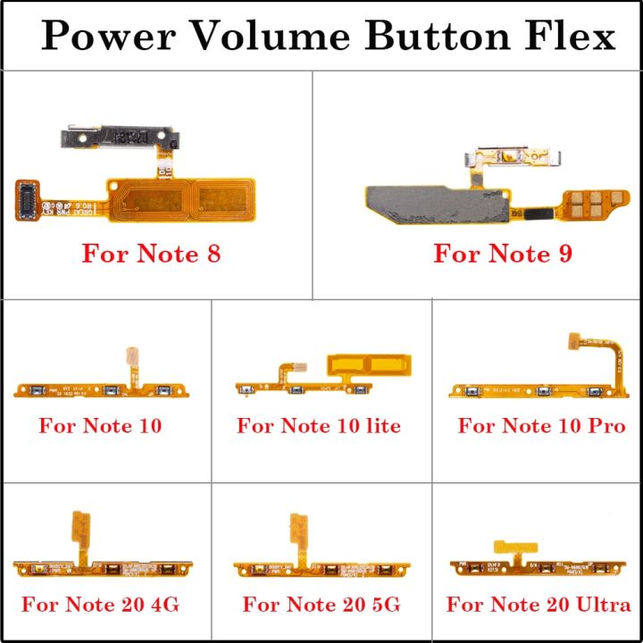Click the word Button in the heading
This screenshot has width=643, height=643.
[x=426, y=37]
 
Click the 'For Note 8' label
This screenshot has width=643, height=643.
[x=151, y=254]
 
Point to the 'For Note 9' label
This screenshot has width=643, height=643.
[x=503, y=254]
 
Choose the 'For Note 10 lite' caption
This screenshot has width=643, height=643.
[x=319, y=426]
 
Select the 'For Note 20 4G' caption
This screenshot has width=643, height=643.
[x=101, y=605]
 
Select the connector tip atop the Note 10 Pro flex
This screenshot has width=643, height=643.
[x=574, y=340]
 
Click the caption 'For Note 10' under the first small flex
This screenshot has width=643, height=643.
[x=101, y=426]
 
